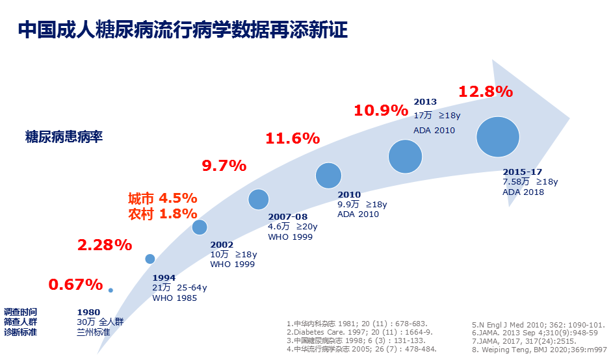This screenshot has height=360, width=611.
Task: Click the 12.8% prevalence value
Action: click(486, 92)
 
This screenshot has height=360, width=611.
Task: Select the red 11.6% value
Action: click(292, 138)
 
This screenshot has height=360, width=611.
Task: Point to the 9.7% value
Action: click(224, 166)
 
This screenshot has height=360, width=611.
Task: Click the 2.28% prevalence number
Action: click(105, 245)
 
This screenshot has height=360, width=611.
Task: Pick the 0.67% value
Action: click(75, 285)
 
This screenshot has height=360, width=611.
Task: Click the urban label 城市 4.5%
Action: click(162, 198)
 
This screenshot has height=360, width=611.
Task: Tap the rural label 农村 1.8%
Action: click(162, 213)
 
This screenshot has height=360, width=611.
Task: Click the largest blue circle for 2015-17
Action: click(498, 137)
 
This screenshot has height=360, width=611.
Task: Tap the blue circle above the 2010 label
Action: click(329, 175)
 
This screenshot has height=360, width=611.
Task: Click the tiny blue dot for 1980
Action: click(110, 290)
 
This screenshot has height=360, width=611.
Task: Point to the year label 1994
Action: click(164, 277)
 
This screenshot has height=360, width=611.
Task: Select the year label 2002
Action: click(222, 245)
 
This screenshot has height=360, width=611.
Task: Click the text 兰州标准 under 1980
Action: click(94, 332)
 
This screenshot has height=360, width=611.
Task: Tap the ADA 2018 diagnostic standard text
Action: click(523, 192)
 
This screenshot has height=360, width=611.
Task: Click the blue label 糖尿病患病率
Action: click(64, 137)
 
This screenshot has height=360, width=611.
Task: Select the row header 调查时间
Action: click(20, 312)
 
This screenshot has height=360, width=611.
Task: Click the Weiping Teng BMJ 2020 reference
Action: click(539, 349)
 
